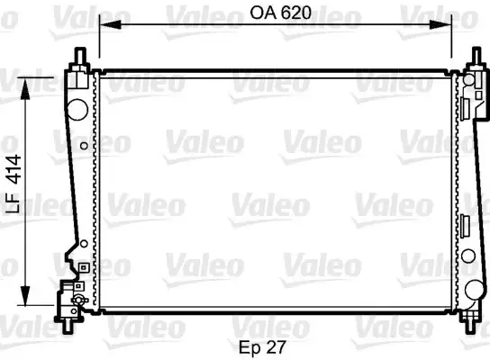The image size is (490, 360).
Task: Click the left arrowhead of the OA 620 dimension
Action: tap(103, 24)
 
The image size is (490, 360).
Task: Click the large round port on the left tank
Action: tap(77, 109)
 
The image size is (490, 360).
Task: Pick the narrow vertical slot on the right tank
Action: tap(466, 226)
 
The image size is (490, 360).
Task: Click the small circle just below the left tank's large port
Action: tap(83, 144)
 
